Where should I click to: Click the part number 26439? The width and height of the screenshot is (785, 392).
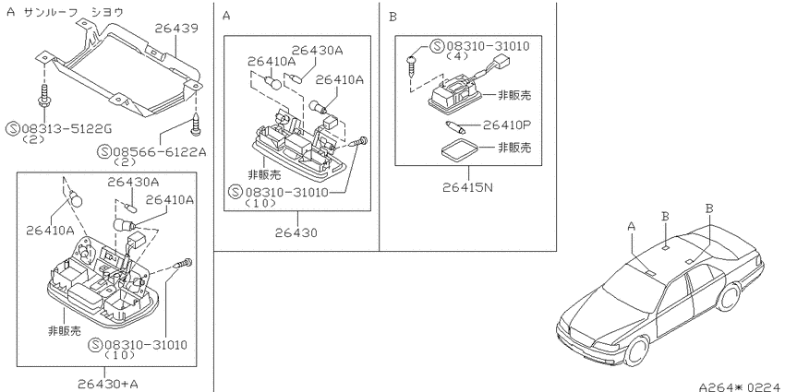[x=176, y=28]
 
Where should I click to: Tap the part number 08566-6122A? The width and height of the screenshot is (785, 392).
[x=160, y=151]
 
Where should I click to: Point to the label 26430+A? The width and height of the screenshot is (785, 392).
[x=108, y=384]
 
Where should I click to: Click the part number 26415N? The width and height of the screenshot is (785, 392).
[x=468, y=187]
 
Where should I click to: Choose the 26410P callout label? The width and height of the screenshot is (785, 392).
[x=507, y=125]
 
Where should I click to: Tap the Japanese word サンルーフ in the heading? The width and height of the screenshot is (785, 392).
[x=50, y=12]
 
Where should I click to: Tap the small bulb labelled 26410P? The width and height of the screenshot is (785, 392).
[x=455, y=126]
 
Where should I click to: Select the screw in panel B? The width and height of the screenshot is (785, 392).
[x=412, y=64]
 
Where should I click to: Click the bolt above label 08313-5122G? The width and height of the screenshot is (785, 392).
[x=44, y=100]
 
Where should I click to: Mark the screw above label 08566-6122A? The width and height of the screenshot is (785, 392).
[x=195, y=124]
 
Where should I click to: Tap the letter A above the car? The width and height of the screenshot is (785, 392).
[x=632, y=227]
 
